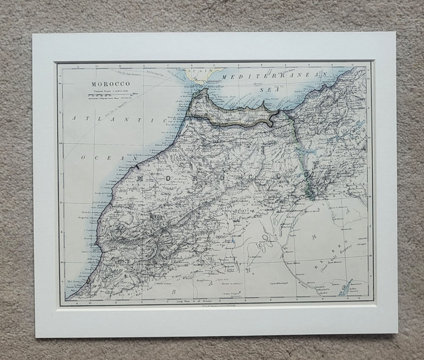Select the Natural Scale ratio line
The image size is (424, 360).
pos(110,90)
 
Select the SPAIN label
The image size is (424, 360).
pos(195,69)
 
